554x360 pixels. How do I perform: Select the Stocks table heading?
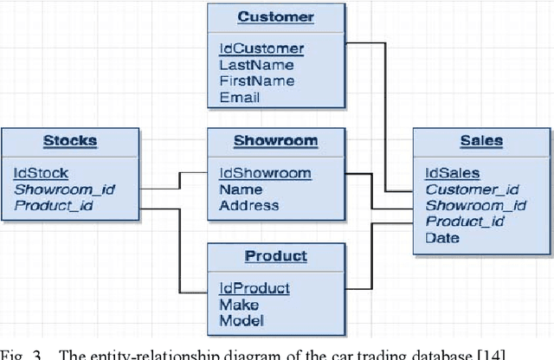click(70, 140)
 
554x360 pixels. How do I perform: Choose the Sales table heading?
click(481, 140)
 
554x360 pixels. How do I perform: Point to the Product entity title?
click(275, 256)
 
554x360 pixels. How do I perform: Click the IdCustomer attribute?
click(261, 48)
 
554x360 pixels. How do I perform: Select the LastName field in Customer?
click(255, 65)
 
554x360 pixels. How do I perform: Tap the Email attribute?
click(239, 98)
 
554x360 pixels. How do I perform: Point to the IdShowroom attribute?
click(264, 173)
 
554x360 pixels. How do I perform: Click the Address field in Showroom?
click(248, 206)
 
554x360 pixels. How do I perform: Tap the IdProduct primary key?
click(254, 288)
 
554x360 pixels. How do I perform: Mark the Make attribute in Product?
click(238, 305)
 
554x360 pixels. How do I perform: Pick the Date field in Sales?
click(442, 238)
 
